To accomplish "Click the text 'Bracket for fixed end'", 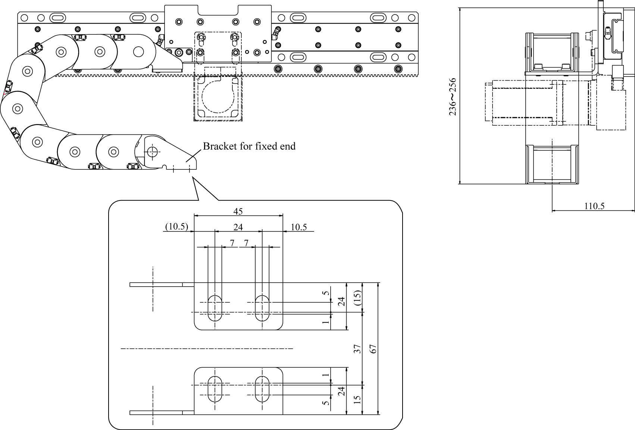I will tap(249, 146).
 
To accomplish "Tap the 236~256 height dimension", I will tap(453, 96).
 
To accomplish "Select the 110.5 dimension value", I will tap(594, 206).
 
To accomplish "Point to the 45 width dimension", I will tap(238, 211).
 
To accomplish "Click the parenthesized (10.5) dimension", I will tap(176, 227).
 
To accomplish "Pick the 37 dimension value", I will tap(357, 349).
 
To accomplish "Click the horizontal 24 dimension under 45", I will tap(238, 227).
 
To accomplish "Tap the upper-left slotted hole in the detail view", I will tap(215, 308).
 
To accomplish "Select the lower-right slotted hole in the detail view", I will tap(262, 389).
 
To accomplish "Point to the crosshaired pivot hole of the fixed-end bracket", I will tap(152, 152).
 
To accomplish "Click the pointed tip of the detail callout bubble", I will tap(193, 178).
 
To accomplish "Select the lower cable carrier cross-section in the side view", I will tap(552, 164).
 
